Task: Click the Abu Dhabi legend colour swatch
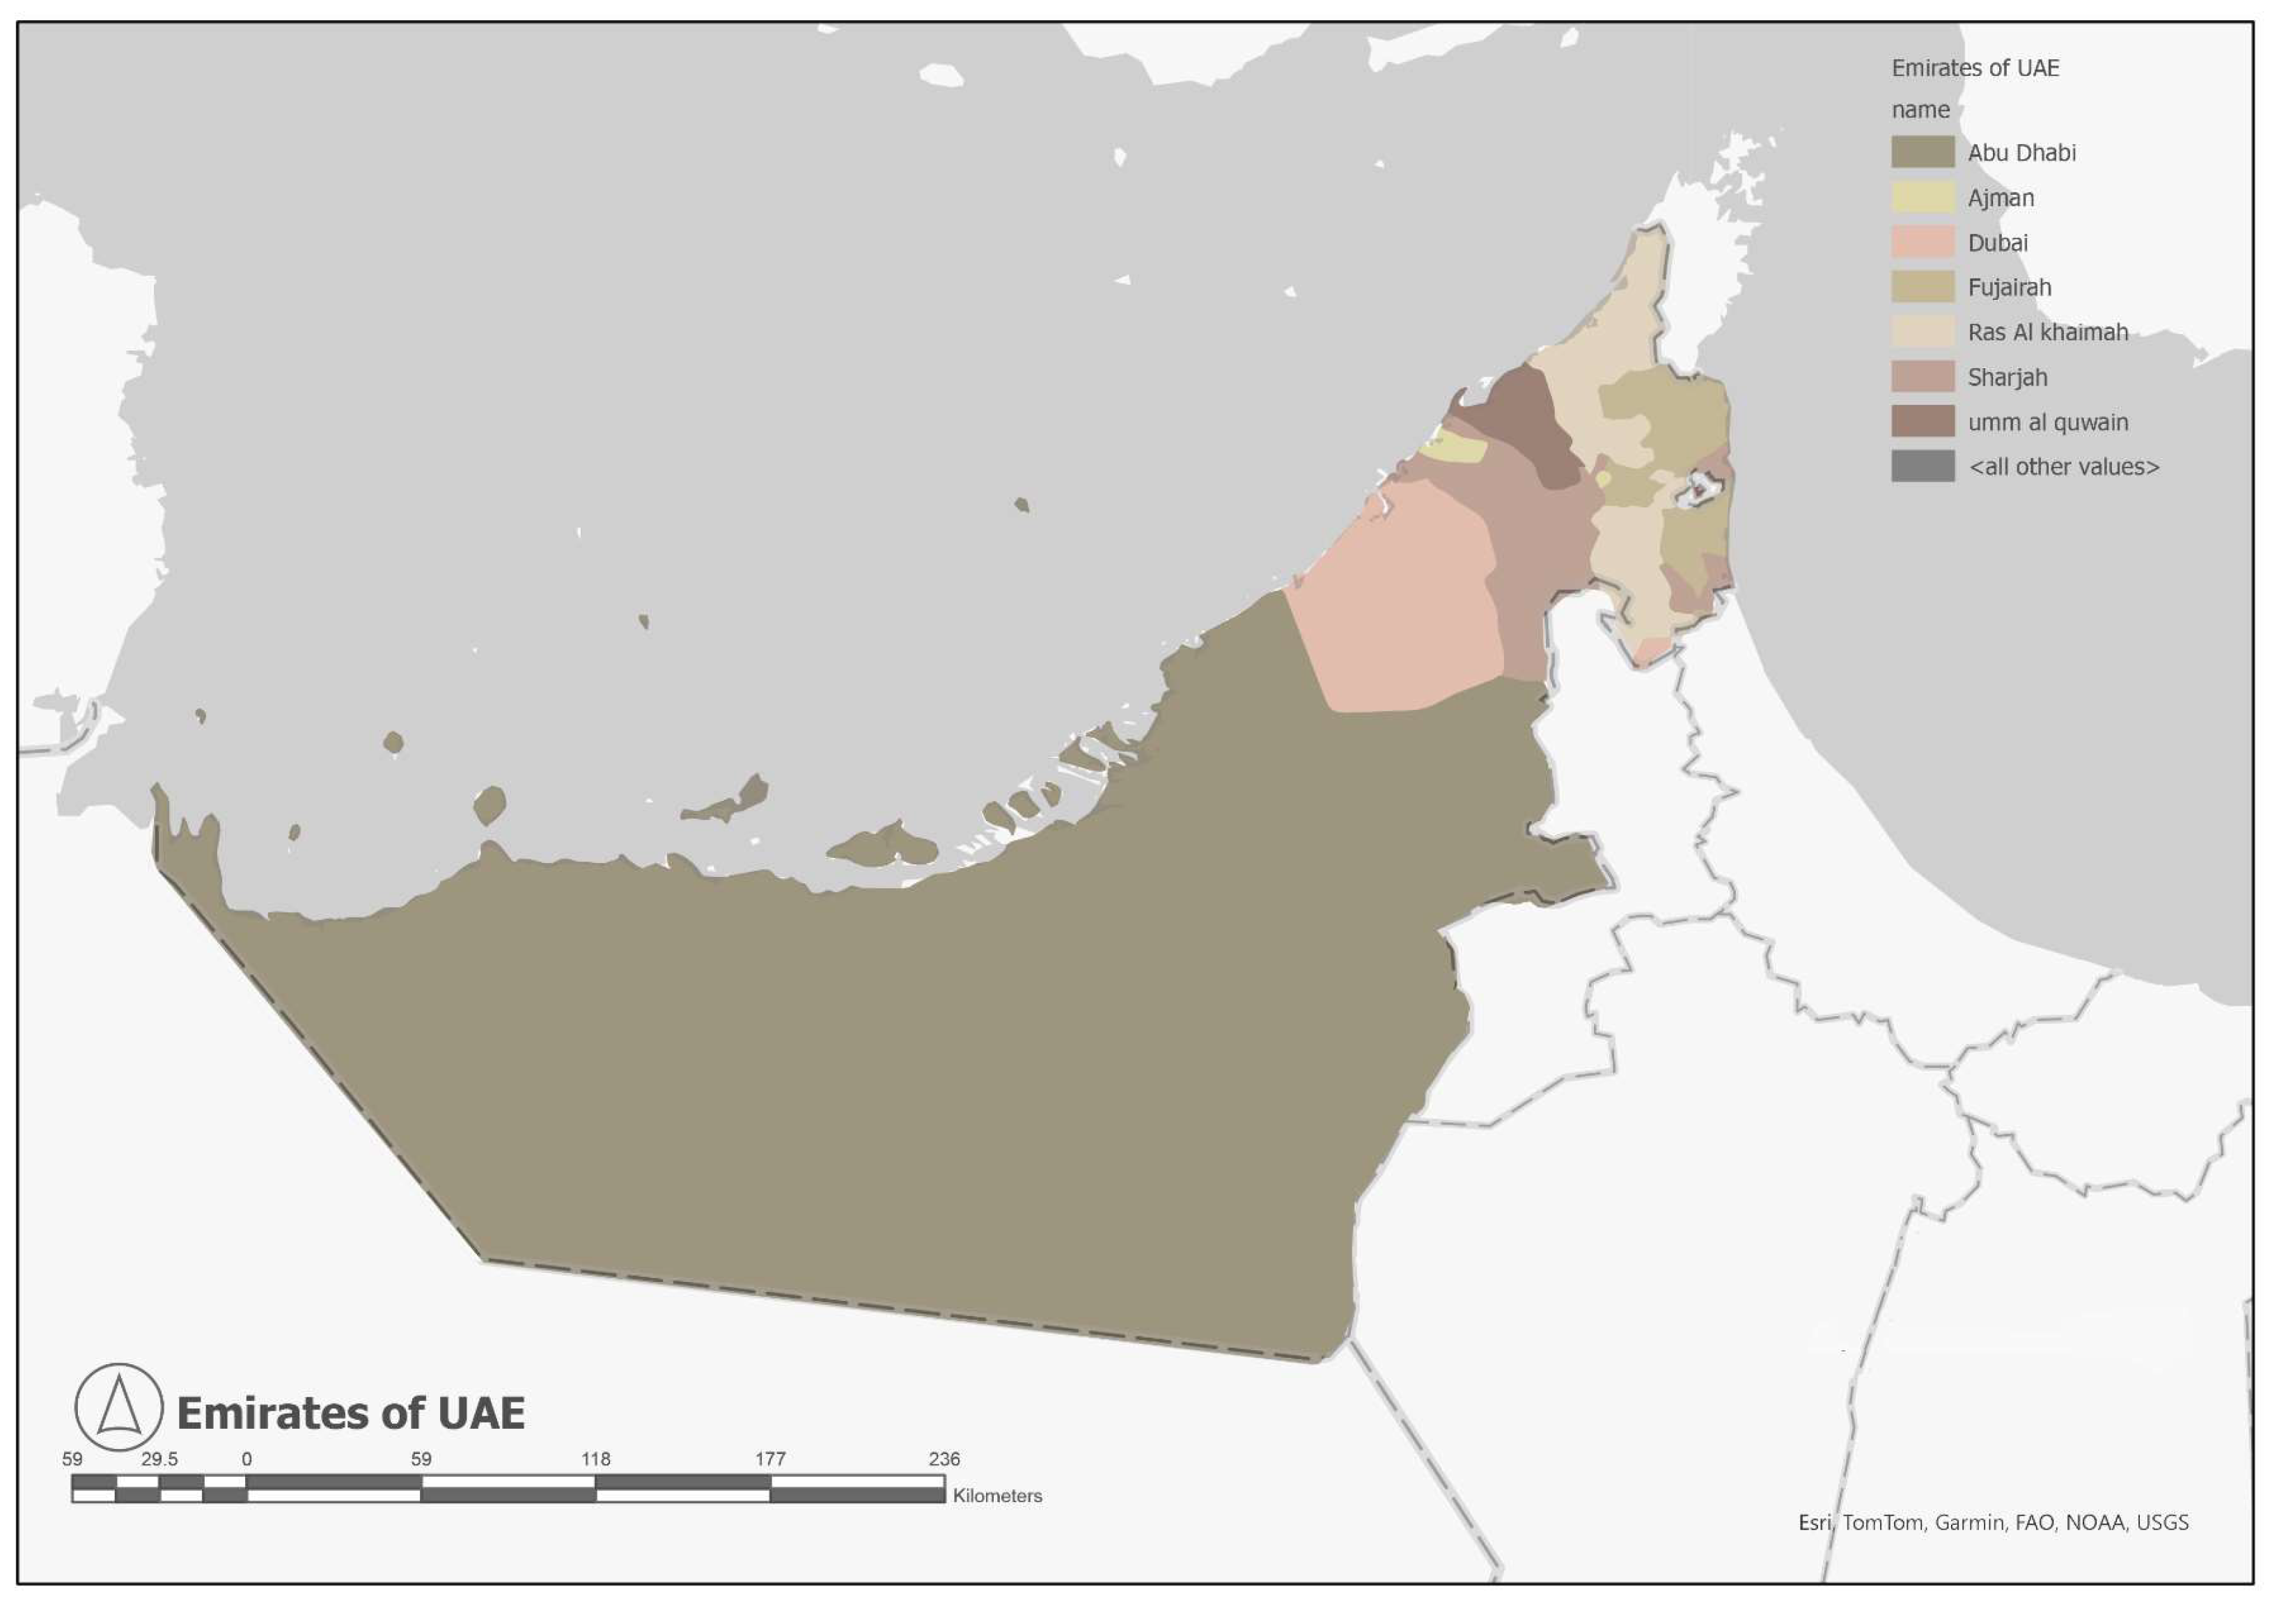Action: tap(1922, 152)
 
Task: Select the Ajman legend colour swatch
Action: tap(1922, 197)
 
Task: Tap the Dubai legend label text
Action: tap(1997, 242)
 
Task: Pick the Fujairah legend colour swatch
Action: tap(1922, 287)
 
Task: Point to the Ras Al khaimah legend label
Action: tap(2047, 333)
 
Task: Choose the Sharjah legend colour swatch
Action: tap(1922, 377)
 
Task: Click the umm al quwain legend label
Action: tap(2047, 422)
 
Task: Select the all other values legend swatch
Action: tap(1922, 466)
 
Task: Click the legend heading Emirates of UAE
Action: tap(1974, 68)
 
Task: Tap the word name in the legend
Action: tap(1920, 110)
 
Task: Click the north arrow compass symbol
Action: tap(119, 1406)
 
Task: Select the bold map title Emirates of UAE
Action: tap(350, 1413)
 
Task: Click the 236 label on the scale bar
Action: tap(944, 1459)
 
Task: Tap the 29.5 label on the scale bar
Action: tap(159, 1459)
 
